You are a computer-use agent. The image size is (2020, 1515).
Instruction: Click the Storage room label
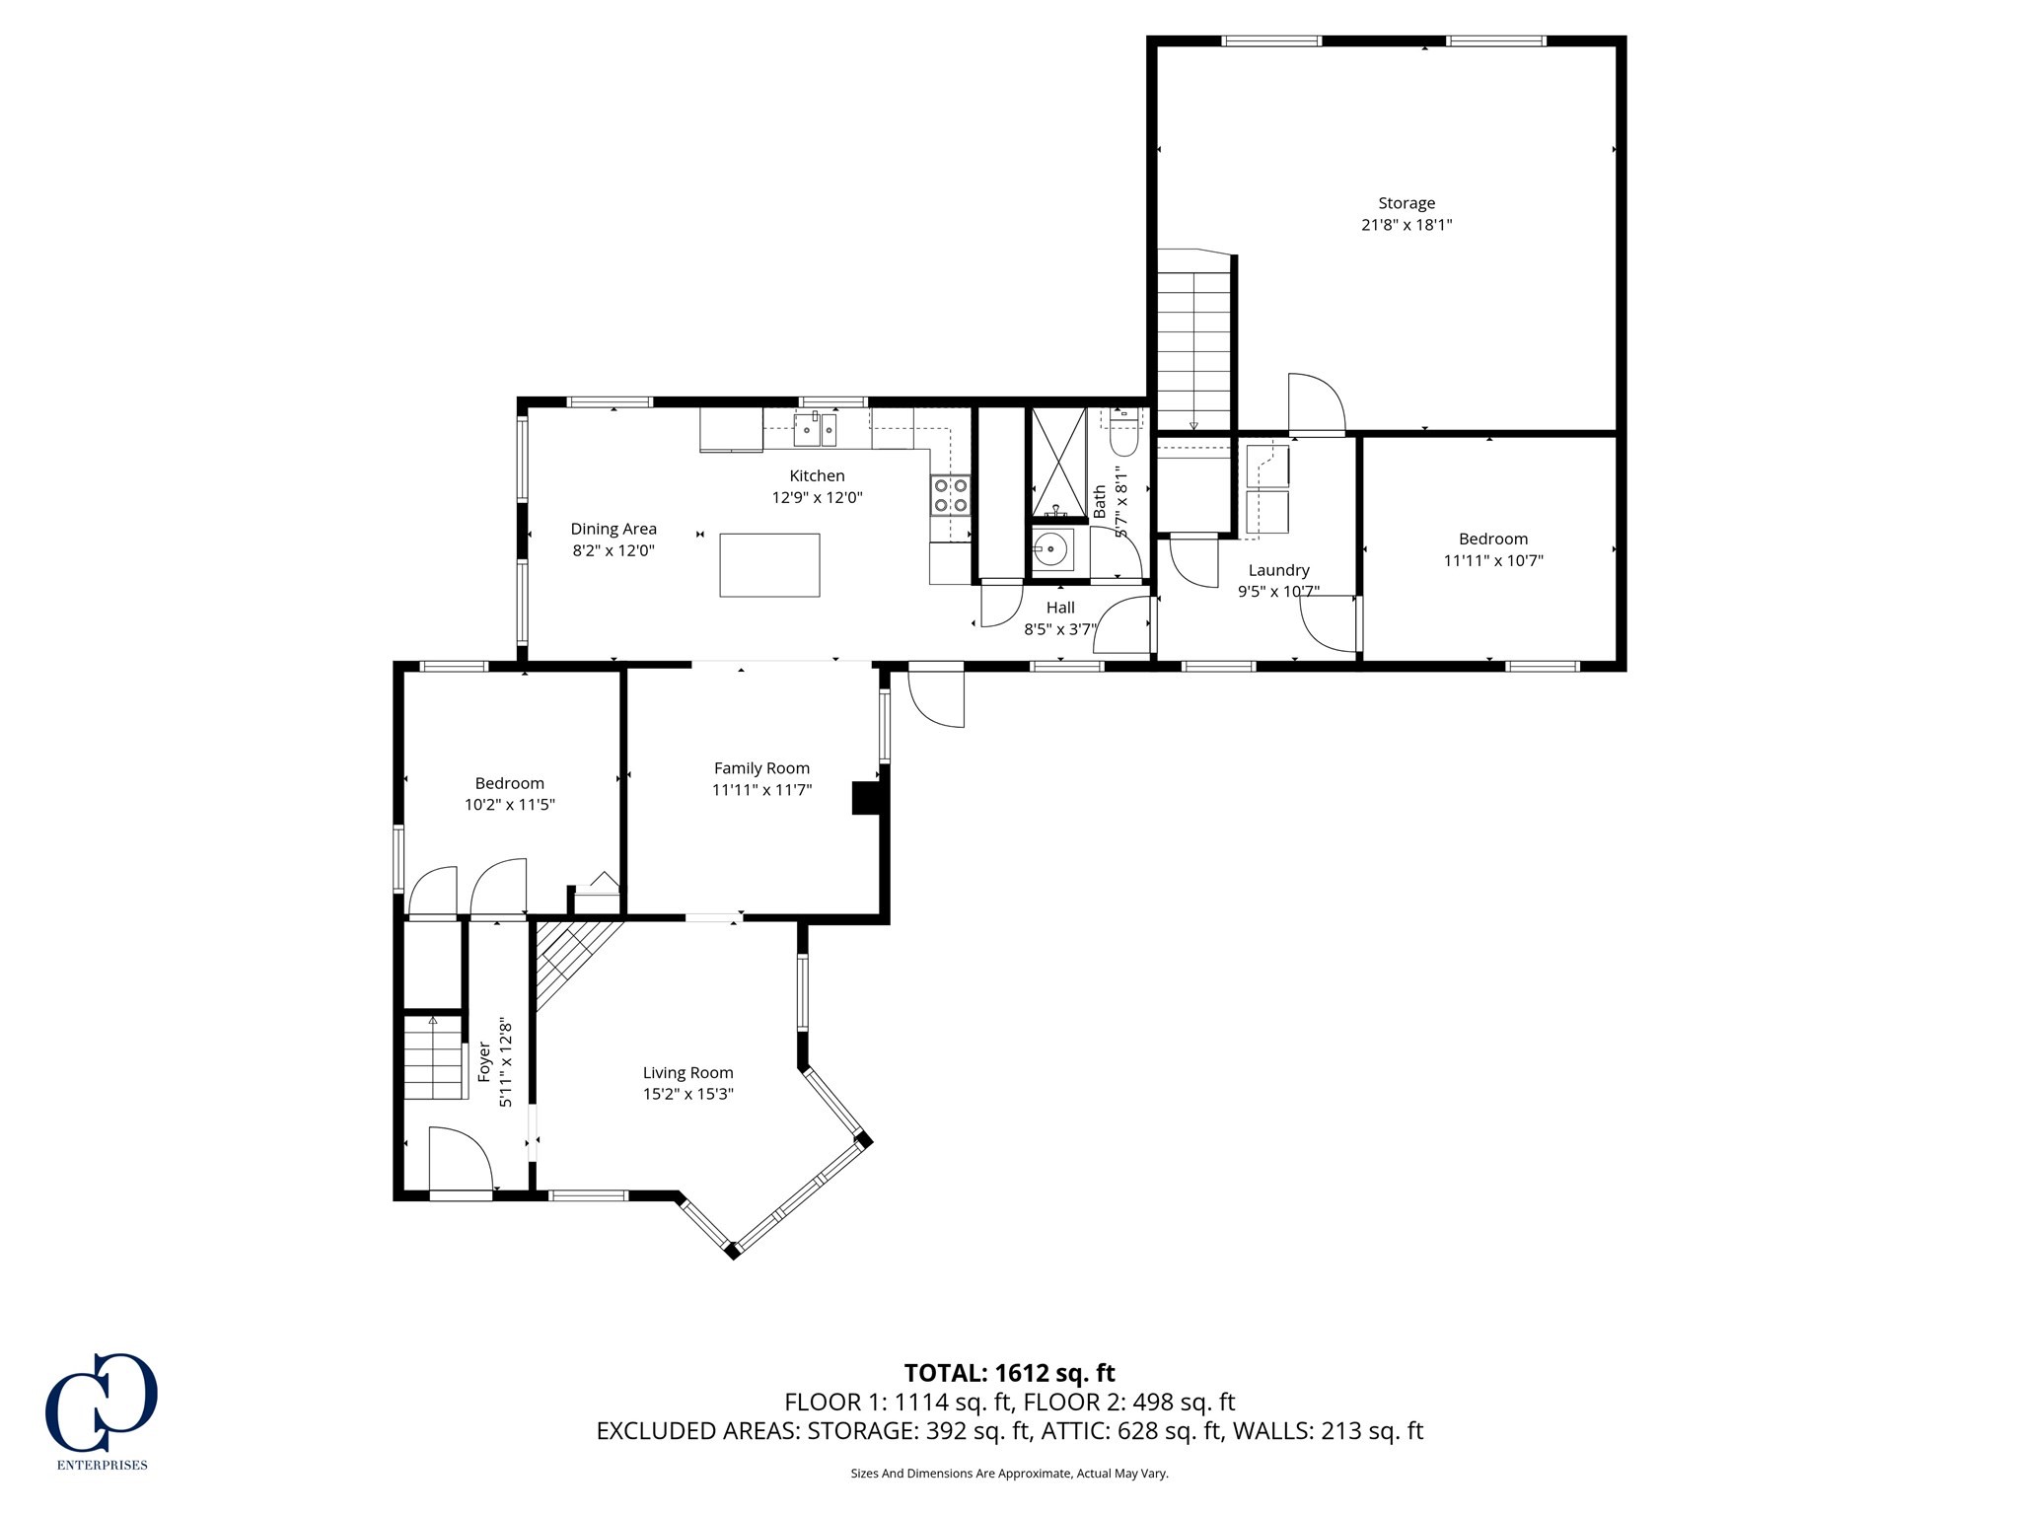pyautogui.click(x=1406, y=203)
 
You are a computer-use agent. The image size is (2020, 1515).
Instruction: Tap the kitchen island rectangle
pyautogui.click(x=769, y=565)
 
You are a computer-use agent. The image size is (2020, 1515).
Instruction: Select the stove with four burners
pyautogui.click(x=951, y=494)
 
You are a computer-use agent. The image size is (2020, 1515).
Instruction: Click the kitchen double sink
pyautogui.click(x=816, y=429)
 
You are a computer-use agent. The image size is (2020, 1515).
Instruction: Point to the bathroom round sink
pyautogui.click(x=1053, y=548)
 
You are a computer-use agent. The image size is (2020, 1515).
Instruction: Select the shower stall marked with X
pyautogui.click(x=1058, y=462)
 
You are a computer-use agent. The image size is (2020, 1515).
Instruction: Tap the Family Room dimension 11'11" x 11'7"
pyautogui.click(x=761, y=789)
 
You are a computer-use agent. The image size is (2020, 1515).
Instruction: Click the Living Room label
pyautogui.click(x=687, y=1072)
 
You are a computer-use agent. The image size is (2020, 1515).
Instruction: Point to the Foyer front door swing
pyautogui.click(x=462, y=1161)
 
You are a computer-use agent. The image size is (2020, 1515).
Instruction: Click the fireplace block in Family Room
pyautogui.click(x=868, y=798)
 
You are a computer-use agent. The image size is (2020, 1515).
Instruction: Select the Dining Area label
pyautogui.click(x=613, y=529)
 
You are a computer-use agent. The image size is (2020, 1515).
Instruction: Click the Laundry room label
pyautogui.click(x=1278, y=570)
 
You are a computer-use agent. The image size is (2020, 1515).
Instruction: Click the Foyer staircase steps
pyautogui.click(x=433, y=1060)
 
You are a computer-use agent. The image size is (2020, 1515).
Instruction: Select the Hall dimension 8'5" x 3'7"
pyautogui.click(x=1059, y=629)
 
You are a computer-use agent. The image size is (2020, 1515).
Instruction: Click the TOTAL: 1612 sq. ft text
pyautogui.click(x=1009, y=1373)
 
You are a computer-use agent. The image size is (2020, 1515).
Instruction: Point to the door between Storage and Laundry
pyautogui.click(x=1316, y=406)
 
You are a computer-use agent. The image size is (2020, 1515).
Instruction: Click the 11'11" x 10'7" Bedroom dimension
pyautogui.click(x=1492, y=560)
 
